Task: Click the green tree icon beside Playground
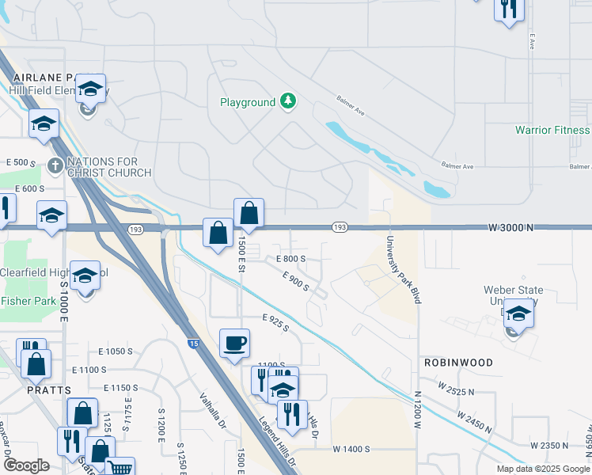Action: point(289,101)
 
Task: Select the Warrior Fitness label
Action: point(552,130)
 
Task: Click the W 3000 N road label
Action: point(511,227)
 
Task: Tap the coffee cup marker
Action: point(234,344)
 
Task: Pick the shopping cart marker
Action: point(120,467)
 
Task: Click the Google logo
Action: point(26,465)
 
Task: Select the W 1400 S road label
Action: point(351,449)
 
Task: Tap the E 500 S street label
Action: point(21,162)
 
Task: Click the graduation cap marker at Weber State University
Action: point(518,313)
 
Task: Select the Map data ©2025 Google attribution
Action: point(543,469)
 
